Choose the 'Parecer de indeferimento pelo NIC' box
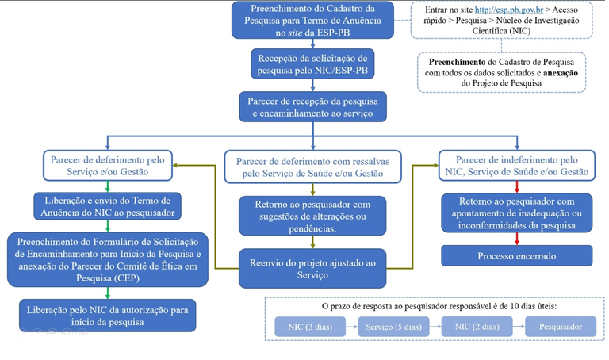pos(516,165)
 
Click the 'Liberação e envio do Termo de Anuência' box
pos(108,205)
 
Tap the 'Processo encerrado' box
pos(516,255)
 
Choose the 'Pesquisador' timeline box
pos(560,327)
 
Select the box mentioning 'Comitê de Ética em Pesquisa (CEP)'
pos(106,259)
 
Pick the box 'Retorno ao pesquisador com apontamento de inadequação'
pos(516,212)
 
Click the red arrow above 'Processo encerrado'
pos(516,239)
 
